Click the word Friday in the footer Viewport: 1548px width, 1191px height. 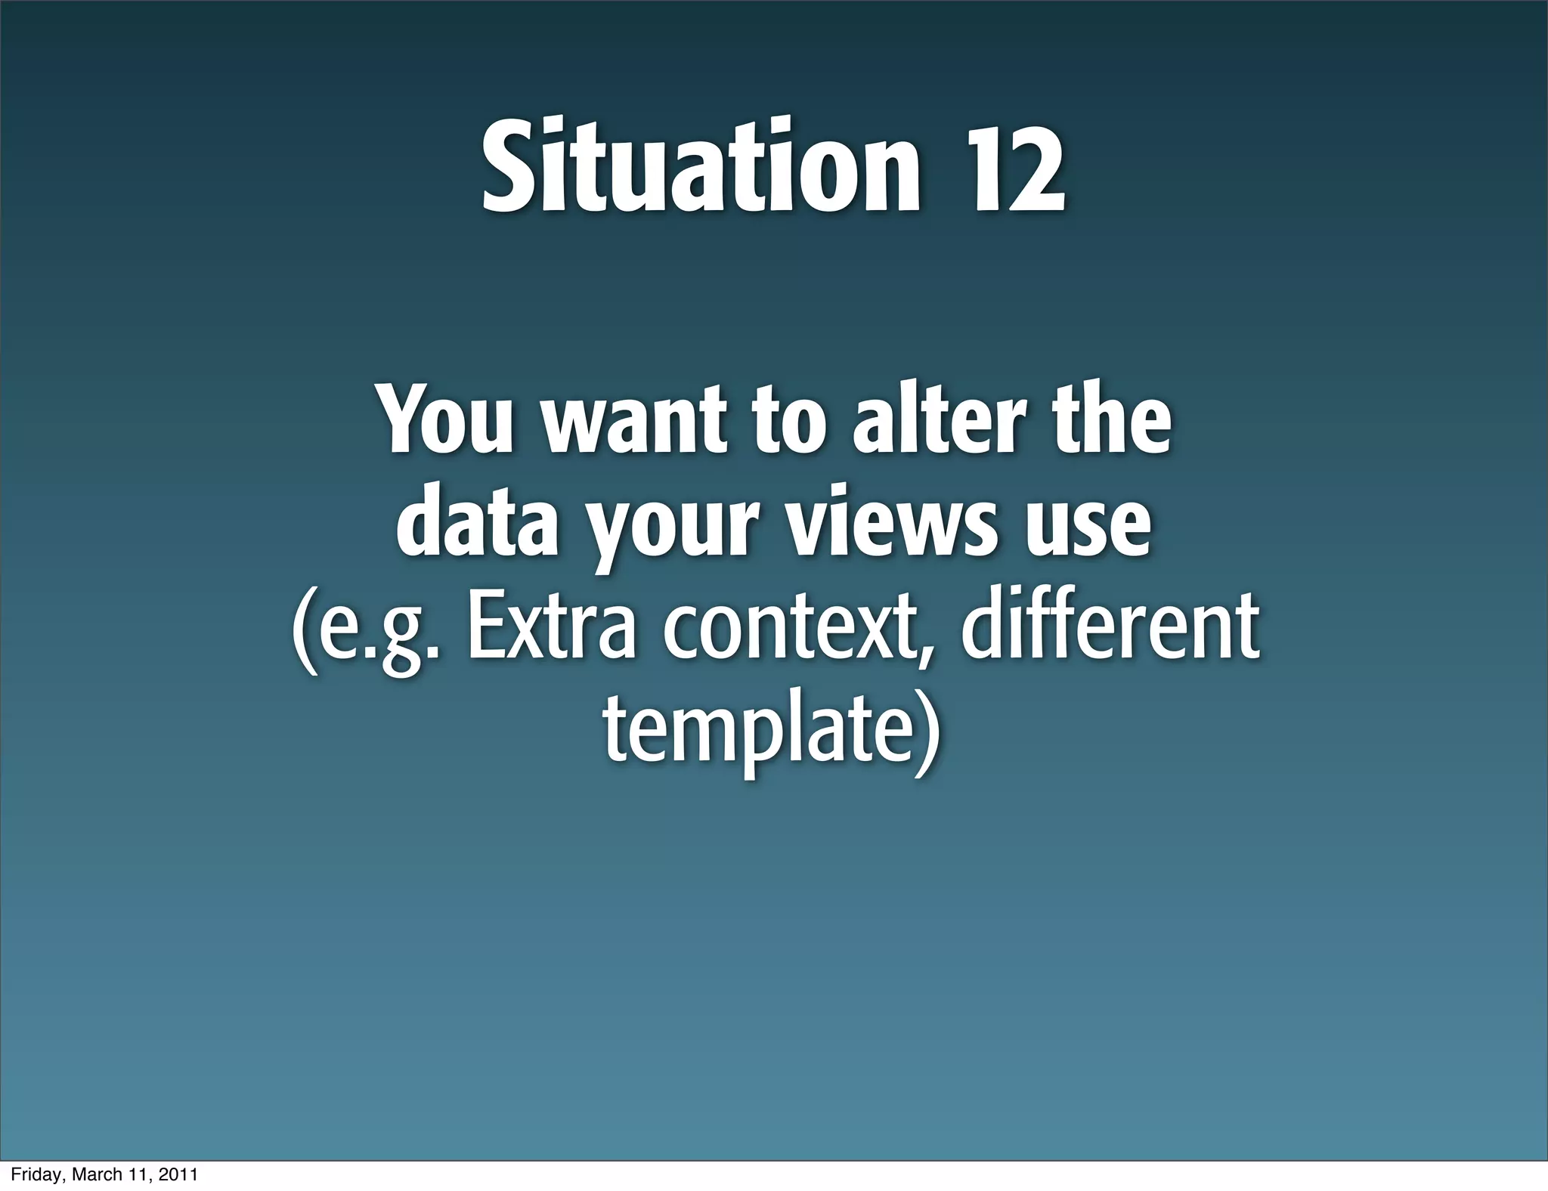pos(35,1174)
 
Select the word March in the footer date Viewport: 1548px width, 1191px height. pos(94,1174)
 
